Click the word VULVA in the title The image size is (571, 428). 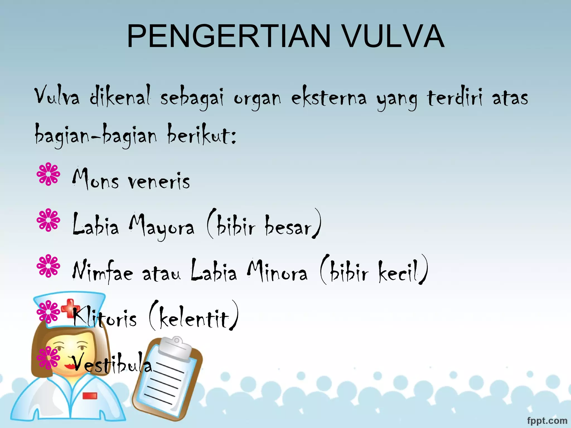393,37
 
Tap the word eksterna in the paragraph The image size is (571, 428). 329,98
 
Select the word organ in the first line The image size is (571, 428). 257,99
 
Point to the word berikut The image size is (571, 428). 201,135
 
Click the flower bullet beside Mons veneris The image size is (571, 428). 48,174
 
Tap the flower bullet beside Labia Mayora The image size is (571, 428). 48,220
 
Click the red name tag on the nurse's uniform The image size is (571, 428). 90,395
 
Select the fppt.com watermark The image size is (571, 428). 547,420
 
